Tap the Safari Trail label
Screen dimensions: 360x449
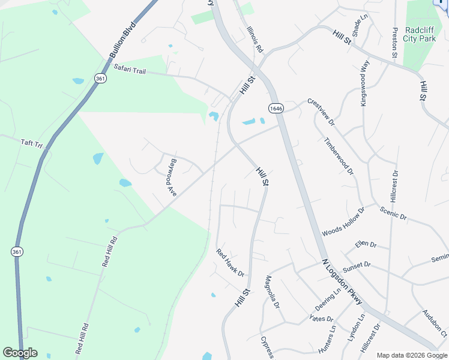click(x=129, y=71)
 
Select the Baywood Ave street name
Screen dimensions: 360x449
click(x=173, y=178)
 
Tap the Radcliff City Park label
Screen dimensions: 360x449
click(x=418, y=34)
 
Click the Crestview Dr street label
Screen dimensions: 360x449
click(x=321, y=111)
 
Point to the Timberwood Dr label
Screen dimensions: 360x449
click(x=339, y=156)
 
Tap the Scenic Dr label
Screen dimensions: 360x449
click(x=393, y=212)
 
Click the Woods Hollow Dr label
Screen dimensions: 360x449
click(x=343, y=222)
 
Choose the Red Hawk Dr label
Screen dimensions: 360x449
click(x=231, y=262)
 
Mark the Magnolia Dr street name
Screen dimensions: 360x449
click(x=273, y=292)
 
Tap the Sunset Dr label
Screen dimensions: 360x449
click(x=357, y=266)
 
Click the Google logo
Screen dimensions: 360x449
click(x=20, y=353)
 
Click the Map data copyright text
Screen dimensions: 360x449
click(x=411, y=355)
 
